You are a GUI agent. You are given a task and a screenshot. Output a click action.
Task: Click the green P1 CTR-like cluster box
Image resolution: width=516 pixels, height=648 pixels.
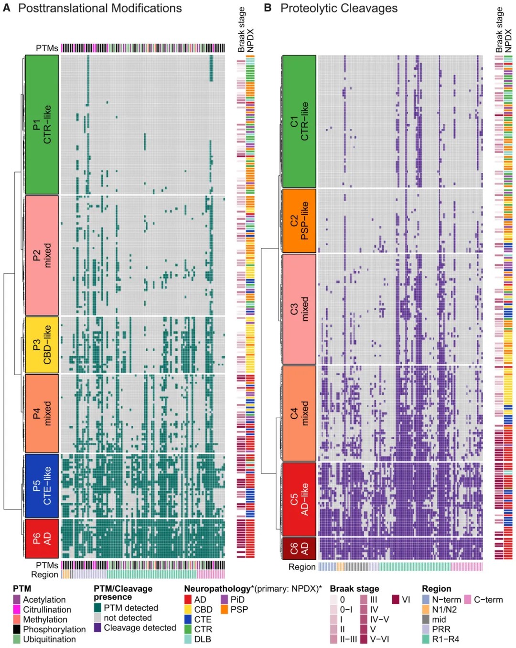pos(42,124)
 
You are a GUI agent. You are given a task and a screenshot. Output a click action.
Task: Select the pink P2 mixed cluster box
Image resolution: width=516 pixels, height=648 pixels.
pos(42,255)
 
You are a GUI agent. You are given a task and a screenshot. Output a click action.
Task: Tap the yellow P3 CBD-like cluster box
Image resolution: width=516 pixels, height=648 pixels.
pos(42,345)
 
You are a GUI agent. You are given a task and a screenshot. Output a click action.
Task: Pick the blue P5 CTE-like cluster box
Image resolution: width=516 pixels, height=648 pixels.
pos(42,486)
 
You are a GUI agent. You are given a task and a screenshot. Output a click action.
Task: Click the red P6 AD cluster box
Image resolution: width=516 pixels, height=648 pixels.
pos(42,539)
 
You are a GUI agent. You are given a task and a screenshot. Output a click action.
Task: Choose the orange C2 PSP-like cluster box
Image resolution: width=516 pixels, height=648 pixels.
pos(299,220)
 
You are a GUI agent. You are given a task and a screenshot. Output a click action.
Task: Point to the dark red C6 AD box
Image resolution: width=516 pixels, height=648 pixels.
pos(299,548)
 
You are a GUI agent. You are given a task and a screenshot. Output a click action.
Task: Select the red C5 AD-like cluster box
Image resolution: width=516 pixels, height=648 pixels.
pos(299,499)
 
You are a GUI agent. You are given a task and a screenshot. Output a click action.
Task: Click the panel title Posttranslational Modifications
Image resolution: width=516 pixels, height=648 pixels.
pos(100,8)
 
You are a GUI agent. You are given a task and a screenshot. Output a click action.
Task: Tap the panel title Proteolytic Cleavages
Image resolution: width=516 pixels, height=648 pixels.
pos(339,8)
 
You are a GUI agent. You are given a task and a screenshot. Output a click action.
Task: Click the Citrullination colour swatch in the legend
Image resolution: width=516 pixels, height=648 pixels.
pos(17,610)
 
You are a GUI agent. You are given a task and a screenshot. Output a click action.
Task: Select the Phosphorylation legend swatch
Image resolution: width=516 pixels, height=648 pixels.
pos(17,629)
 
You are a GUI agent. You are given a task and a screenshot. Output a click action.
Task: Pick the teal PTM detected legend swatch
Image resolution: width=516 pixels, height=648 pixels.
pos(98,608)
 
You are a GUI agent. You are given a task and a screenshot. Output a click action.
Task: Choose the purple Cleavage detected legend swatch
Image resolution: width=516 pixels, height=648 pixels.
pos(98,627)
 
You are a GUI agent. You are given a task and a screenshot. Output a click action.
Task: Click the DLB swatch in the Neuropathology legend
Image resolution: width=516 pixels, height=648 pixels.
pos(188,639)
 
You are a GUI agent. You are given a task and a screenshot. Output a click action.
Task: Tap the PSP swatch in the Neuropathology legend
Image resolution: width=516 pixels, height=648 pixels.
pos(225,610)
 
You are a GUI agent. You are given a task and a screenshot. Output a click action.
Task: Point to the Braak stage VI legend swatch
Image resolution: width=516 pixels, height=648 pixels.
pos(396,600)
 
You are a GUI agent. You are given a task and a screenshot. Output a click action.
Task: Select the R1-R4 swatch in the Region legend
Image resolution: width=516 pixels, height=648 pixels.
pos(426,639)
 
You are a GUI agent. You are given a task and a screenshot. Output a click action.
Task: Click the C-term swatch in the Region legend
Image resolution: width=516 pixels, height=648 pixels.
pos(468,600)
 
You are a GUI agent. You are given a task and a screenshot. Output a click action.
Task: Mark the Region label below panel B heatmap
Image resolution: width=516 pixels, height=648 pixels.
pos(302,567)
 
